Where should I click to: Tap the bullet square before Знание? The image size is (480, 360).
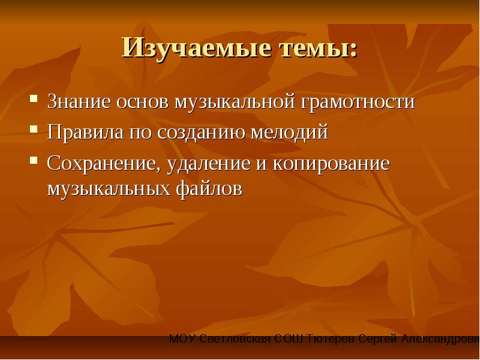tap(34, 98)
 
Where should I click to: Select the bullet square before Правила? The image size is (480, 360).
tap(34, 129)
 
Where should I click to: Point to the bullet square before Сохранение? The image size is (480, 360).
tap(34, 160)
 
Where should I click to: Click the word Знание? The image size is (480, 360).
tap(79, 101)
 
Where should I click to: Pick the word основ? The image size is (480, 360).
tap(142, 102)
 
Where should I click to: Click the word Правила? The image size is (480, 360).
tap(85, 133)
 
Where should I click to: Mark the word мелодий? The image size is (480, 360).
tap(289, 133)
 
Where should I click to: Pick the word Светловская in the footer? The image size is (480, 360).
tap(235, 339)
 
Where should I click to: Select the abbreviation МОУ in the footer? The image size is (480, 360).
tap(182, 339)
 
